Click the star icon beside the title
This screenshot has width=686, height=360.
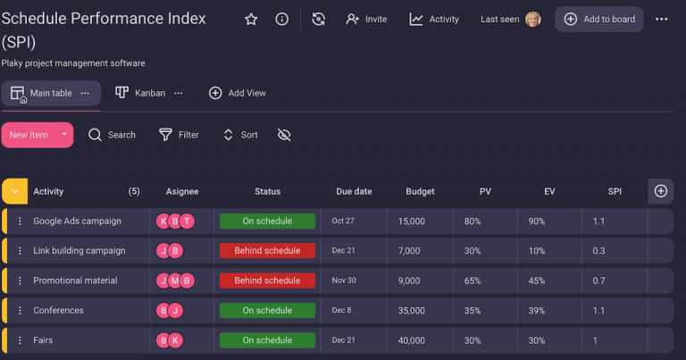pyautogui.click(x=251, y=19)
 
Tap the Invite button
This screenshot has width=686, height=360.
pyautogui.click(x=366, y=19)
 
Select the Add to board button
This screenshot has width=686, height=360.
pyautogui.click(x=599, y=19)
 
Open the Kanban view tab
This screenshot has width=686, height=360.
pyautogui.click(x=148, y=93)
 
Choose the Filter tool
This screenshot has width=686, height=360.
pyautogui.click(x=179, y=135)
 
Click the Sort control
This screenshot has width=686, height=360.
pyautogui.click(x=240, y=135)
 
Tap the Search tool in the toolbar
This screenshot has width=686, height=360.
pyautogui.click(x=113, y=135)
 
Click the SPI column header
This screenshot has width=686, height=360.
pyautogui.click(x=615, y=191)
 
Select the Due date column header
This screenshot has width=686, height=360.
pyautogui.click(x=354, y=191)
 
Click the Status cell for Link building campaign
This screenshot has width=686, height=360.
pyautogui.click(x=267, y=251)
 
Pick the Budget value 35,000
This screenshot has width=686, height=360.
pyautogui.click(x=414, y=311)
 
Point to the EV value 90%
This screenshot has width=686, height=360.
pyautogui.click(x=536, y=222)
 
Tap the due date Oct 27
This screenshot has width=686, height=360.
pyautogui.click(x=343, y=222)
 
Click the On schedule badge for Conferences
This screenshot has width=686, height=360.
pyautogui.click(x=267, y=311)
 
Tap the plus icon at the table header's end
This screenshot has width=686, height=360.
pyautogui.click(x=661, y=190)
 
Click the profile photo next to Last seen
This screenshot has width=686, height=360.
pyautogui.click(x=533, y=19)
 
